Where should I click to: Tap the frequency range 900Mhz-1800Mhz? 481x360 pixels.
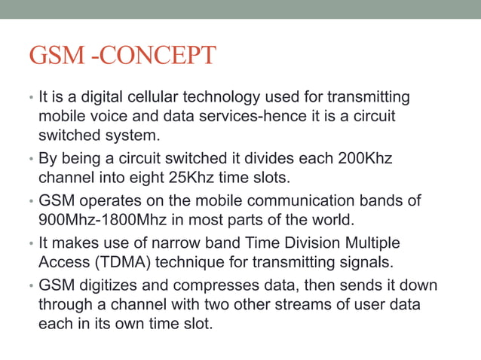tap(100, 222)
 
